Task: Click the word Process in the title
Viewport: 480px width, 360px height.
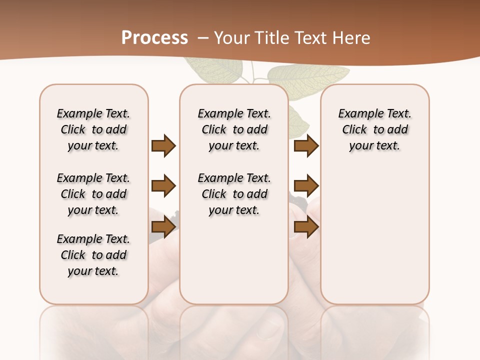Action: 154,38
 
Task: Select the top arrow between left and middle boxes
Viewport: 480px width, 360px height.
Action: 163,145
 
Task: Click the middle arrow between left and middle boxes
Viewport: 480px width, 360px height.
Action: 163,186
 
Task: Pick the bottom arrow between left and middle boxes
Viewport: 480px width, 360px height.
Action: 163,227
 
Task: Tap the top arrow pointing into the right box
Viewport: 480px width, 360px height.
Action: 306,145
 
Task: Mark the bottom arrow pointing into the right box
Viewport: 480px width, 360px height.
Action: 306,227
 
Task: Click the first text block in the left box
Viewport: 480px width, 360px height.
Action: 93,129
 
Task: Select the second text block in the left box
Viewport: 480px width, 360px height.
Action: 93,194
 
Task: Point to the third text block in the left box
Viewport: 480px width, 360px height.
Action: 93,255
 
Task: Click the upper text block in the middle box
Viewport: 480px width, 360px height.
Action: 234,129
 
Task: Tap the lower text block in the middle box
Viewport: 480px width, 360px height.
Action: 234,194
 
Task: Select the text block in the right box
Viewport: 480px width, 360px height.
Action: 375,129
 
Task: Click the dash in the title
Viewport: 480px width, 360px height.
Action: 203,38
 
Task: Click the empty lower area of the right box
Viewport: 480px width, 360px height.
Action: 375,240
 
